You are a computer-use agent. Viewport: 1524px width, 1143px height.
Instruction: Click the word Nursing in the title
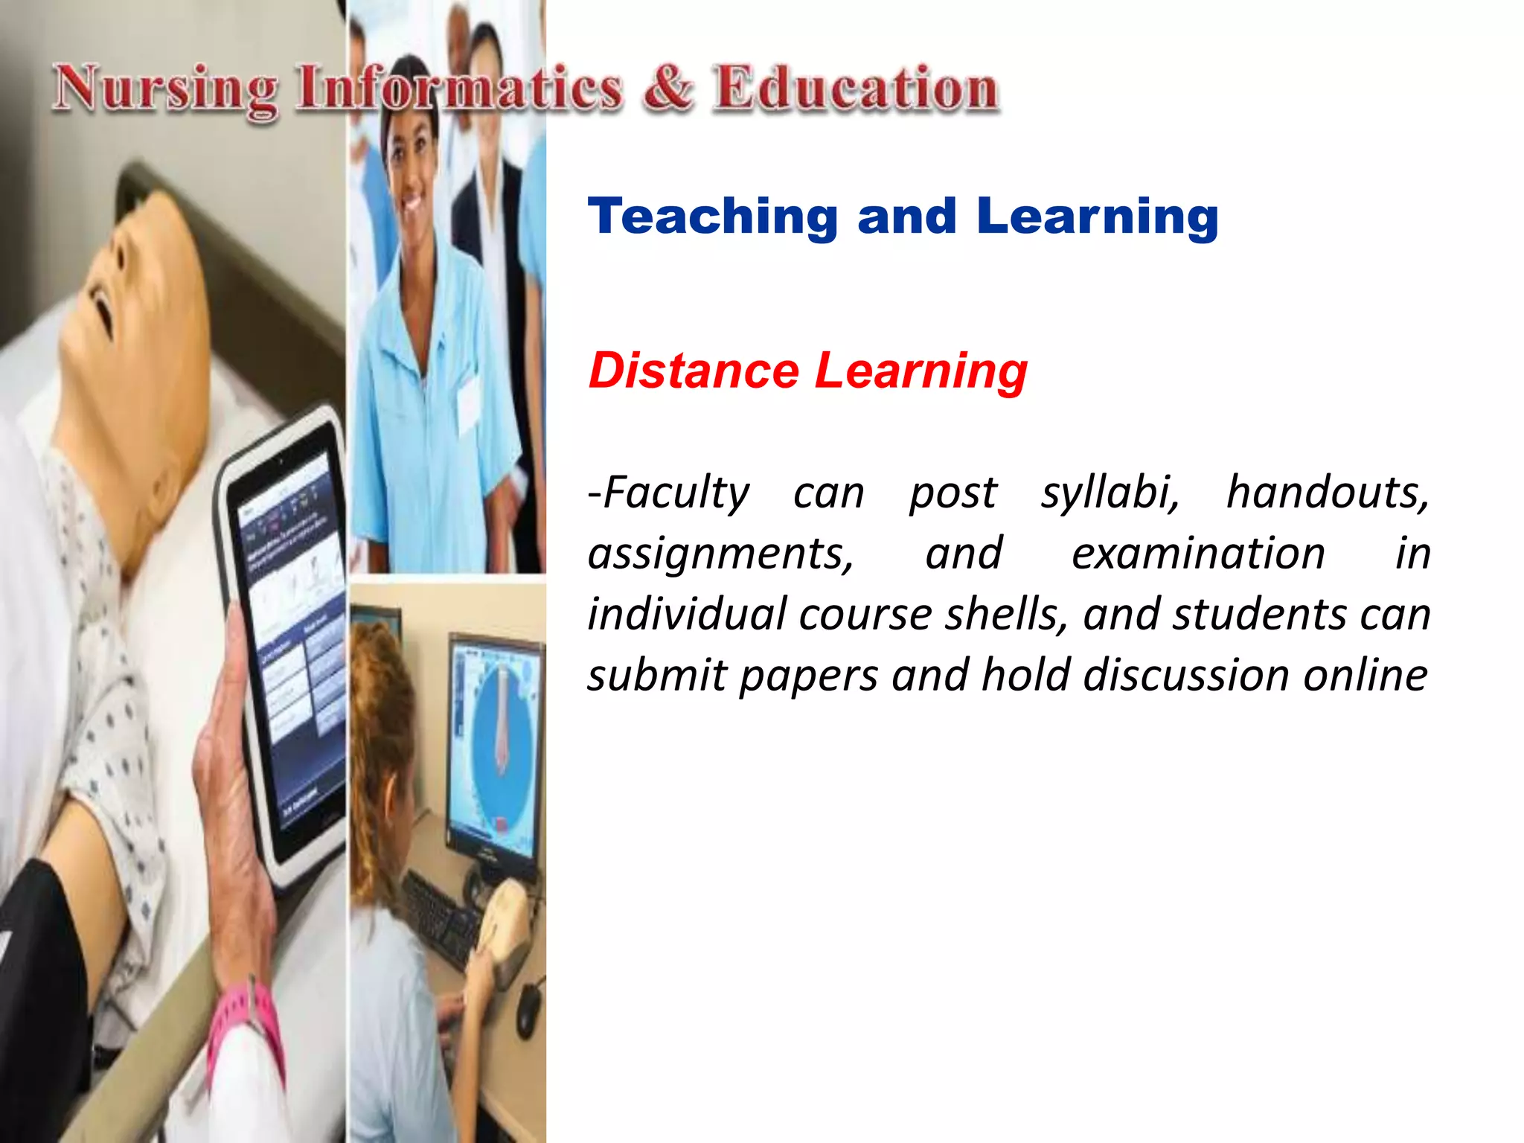[x=165, y=91]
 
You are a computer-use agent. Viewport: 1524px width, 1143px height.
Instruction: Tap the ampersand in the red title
[x=668, y=89]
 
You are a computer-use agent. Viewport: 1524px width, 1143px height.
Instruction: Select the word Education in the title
[x=856, y=89]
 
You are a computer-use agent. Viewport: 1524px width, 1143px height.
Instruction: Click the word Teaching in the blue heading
[x=713, y=217]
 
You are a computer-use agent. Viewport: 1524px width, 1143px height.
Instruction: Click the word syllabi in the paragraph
[x=1110, y=494]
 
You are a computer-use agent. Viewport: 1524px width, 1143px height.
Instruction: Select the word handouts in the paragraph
[x=1328, y=493]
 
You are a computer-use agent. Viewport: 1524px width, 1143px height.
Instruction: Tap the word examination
[x=1198, y=554]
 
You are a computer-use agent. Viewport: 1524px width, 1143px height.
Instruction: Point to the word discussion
[x=1186, y=676]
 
